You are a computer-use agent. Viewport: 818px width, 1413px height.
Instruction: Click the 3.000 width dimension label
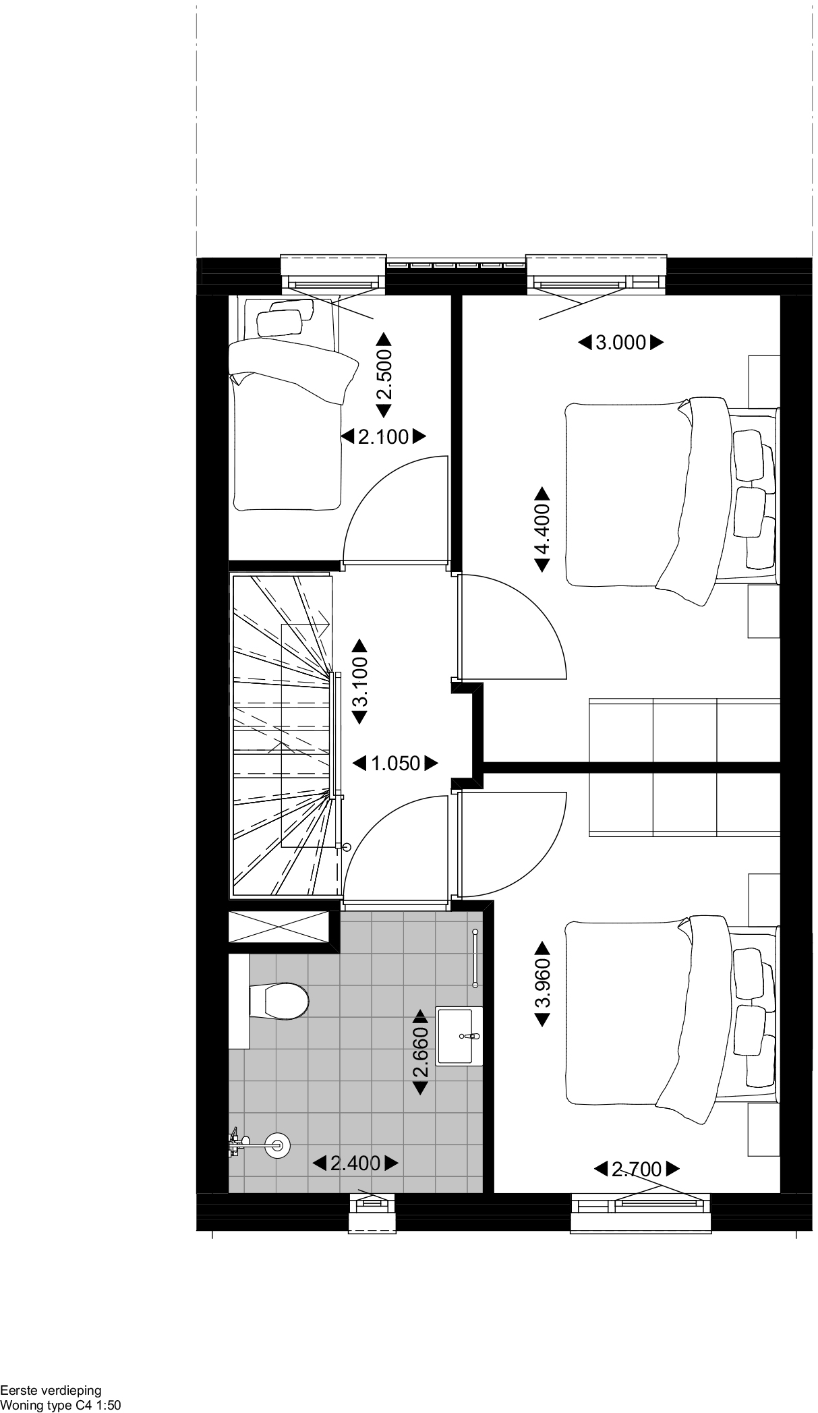tap(620, 343)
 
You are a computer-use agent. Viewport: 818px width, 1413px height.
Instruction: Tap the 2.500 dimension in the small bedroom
tap(384, 375)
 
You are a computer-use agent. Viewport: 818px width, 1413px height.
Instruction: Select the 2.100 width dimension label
tap(384, 437)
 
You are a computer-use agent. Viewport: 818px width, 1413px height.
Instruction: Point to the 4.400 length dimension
tap(543, 529)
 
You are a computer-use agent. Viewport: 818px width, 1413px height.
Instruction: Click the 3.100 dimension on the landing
tap(359, 681)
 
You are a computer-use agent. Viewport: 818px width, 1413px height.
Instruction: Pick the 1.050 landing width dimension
tap(396, 763)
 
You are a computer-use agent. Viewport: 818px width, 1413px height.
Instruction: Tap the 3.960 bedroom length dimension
tap(543, 984)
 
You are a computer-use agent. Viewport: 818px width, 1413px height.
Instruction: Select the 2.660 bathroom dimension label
tap(420, 1051)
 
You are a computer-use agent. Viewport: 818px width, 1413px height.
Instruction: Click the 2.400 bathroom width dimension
tap(355, 1163)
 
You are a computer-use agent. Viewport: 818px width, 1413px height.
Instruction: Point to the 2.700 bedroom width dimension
tap(637, 1168)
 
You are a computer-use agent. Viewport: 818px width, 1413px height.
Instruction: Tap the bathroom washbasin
tap(459, 1036)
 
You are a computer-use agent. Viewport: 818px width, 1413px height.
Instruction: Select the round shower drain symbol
tap(276, 1143)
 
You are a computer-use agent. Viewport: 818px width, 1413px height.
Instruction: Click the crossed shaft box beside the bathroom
tap(279, 927)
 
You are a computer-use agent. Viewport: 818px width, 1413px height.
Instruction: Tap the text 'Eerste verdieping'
tap(51, 1390)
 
